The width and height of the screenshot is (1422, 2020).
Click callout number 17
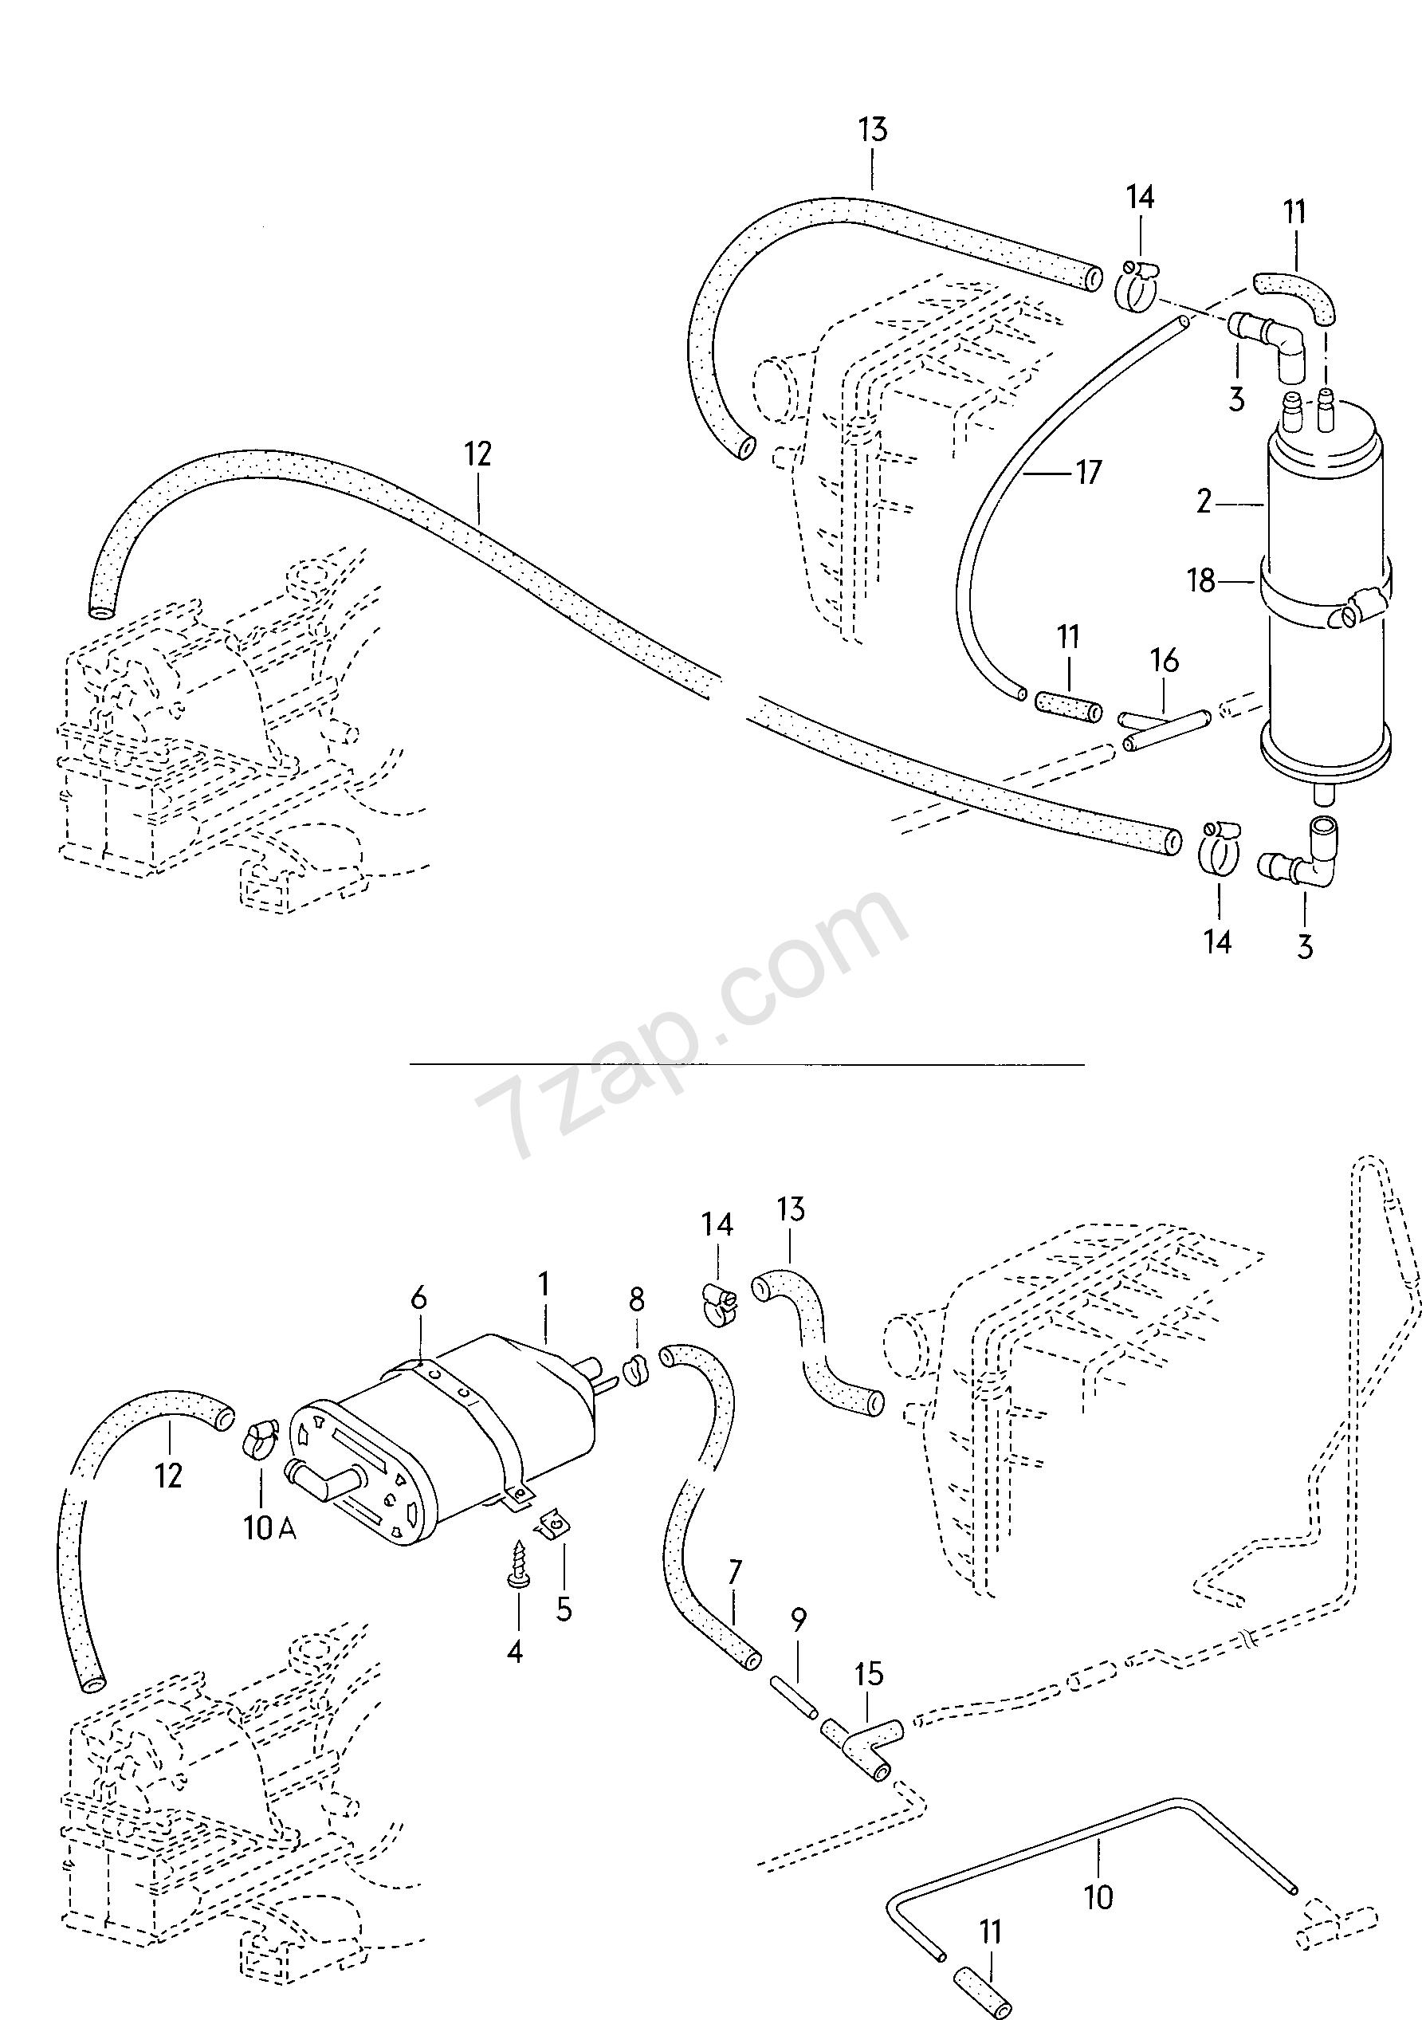click(x=1089, y=473)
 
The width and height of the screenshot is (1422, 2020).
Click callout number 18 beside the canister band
click(x=1201, y=580)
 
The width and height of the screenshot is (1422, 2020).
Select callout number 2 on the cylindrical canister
click(x=1204, y=502)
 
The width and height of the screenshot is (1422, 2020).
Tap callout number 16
click(x=1165, y=661)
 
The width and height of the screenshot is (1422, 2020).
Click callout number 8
click(x=636, y=1299)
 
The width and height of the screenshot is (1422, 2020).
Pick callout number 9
click(x=798, y=1620)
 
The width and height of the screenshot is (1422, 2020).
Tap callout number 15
click(x=869, y=1674)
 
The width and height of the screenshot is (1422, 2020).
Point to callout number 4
click(x=515, y=1653)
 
